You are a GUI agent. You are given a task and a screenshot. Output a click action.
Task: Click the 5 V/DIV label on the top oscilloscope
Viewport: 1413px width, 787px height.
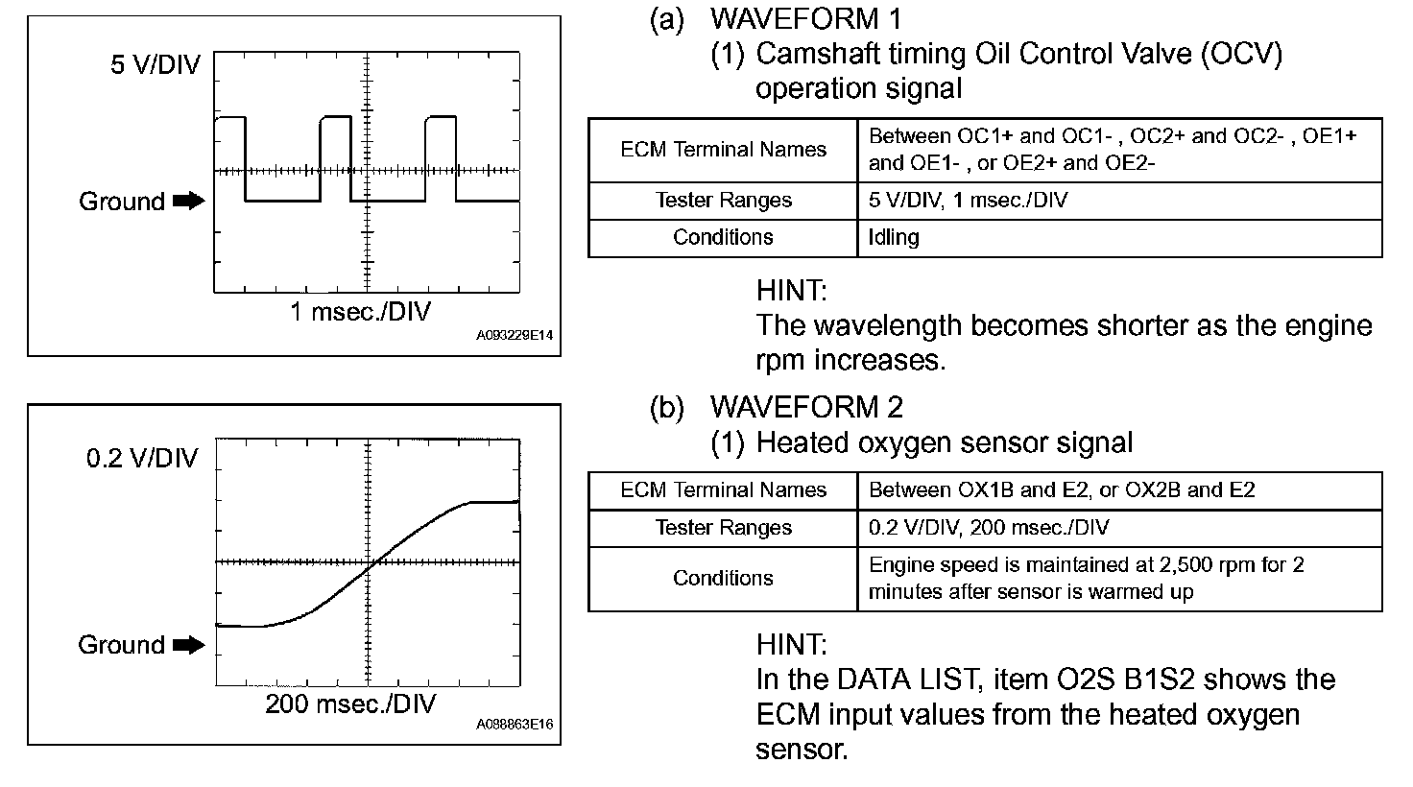(156, 65)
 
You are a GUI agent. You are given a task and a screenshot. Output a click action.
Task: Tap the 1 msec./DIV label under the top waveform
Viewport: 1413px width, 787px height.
(360, 312)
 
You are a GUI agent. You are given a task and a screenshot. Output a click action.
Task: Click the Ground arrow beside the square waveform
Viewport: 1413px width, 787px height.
(189, 202)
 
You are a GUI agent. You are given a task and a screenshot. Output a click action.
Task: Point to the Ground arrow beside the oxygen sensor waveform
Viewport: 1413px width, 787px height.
(189, 645)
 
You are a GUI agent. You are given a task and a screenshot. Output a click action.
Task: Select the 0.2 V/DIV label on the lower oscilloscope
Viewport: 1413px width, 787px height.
(141, 458)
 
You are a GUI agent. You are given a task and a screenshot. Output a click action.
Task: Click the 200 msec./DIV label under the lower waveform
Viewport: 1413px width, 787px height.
(350, 704)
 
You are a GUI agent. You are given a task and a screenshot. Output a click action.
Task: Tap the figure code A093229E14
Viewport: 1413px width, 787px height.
(515, 337)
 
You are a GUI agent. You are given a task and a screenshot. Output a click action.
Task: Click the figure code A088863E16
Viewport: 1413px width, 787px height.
(515, 726)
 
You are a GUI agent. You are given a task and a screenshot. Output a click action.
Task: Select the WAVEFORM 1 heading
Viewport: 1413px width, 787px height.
(805, 18)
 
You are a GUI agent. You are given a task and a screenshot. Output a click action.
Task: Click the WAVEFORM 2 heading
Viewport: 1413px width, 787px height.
(805, 407)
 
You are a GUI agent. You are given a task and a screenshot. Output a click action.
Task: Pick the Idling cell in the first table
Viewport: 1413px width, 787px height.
(894, 237)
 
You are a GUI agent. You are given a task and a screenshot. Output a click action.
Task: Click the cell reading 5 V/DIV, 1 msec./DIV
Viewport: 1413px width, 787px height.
(968, 201)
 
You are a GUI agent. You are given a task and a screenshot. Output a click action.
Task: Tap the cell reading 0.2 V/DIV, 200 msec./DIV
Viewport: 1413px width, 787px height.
(988, 528)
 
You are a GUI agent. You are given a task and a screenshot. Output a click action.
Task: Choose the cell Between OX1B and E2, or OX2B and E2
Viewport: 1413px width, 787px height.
(1061, 490)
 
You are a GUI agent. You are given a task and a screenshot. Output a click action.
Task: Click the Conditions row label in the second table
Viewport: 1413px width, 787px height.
(723, 578)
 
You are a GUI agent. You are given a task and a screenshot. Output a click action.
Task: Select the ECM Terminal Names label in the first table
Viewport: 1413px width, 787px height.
(723, 150)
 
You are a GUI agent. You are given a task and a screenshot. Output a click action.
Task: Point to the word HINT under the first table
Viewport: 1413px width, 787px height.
(791, 290)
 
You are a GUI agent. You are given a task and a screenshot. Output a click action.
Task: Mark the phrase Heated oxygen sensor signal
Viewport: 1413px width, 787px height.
(944, 442)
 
